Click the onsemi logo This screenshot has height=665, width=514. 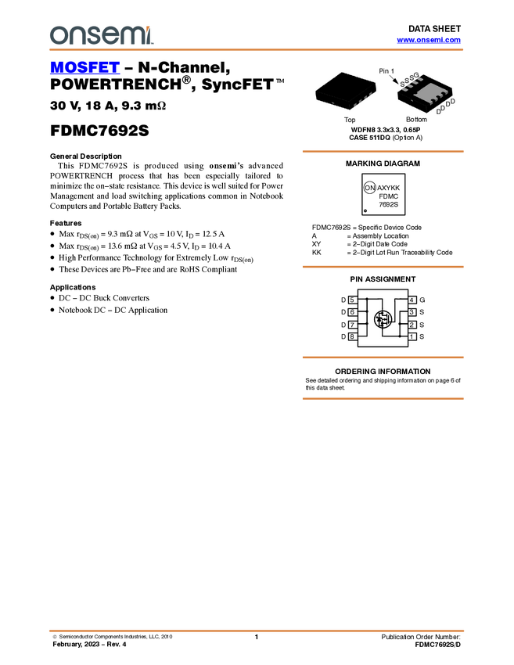(x=101, y=35)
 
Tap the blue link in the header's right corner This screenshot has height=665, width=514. (x=429, y=40)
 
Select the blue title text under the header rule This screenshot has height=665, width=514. (x=84, y=68)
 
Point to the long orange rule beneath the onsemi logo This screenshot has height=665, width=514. (x=257, y=50)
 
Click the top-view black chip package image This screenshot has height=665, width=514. (x=345, y=90)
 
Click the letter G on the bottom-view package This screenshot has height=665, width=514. (x=416, y=75)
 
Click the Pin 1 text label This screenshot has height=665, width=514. (x=384, y=70)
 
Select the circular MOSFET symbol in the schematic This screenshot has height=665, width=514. (x=383, y=318)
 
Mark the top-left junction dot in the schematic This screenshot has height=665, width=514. (x=366, y=300)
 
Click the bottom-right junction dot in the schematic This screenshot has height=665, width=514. (x=399, y=336)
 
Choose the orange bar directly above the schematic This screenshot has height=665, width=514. (x=383, y=267)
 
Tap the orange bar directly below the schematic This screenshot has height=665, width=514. (x=383, y=358)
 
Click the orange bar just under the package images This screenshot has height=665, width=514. (x=383, y=151)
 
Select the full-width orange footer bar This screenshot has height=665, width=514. (x=257, y=630)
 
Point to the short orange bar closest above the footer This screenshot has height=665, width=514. (x=383, y=399)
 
